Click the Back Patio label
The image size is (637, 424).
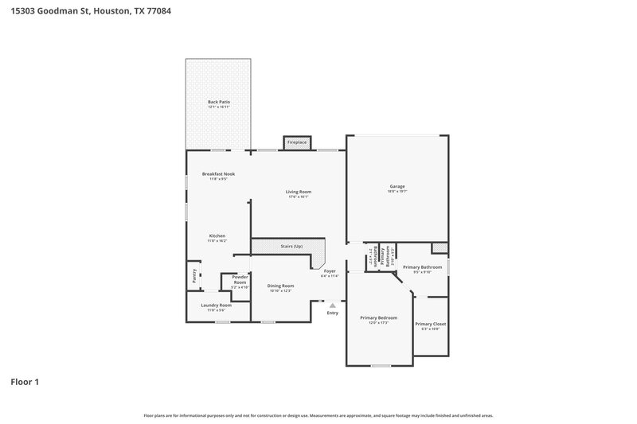tap(219, 102)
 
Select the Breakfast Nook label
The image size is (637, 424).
tap(218, 173)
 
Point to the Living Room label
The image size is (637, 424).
tap(299, 192)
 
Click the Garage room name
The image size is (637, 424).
tap(397, 186)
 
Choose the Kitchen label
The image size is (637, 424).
tap(217, 235)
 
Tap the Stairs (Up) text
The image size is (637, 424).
tap(291, 247)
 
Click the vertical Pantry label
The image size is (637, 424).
tap(194, 276)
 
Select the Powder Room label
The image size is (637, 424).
tap(240, 279)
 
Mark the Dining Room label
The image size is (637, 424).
tap(280, 286)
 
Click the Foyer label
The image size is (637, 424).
tap(329, 270)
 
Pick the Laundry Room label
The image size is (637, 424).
tap(217, 305)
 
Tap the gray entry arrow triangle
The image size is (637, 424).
tap(333, 305)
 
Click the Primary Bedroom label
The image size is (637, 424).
tap(377, 317)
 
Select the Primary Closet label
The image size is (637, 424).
tap(430, 324)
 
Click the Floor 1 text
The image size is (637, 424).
tap(25, 382)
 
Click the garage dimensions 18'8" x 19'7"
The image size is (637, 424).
tap(397, 192)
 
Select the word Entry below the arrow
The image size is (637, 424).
tap(333, 313)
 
